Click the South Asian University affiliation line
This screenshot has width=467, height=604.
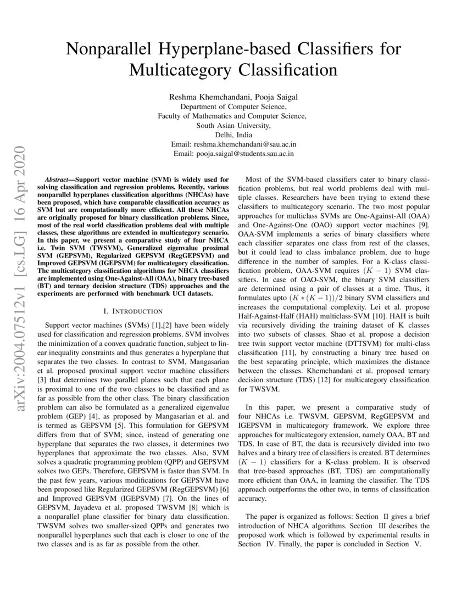click(x=233, y=125)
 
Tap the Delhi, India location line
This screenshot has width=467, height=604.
click(x=233, y=135)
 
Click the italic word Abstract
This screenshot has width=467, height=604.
click(x=57, y=180)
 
